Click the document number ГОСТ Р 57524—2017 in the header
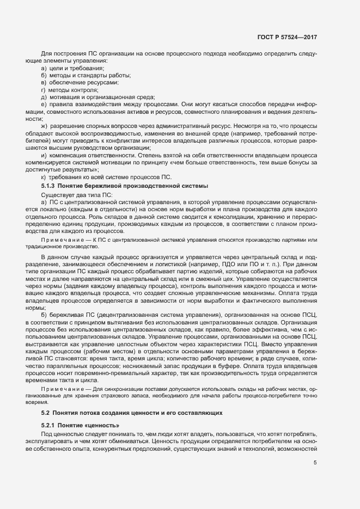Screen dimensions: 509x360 tap(287, 37)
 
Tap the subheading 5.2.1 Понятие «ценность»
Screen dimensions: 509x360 tap(79, 425)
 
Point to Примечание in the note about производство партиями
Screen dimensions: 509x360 tap(59, 240)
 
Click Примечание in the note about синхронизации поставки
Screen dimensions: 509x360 tap(59, 390)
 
